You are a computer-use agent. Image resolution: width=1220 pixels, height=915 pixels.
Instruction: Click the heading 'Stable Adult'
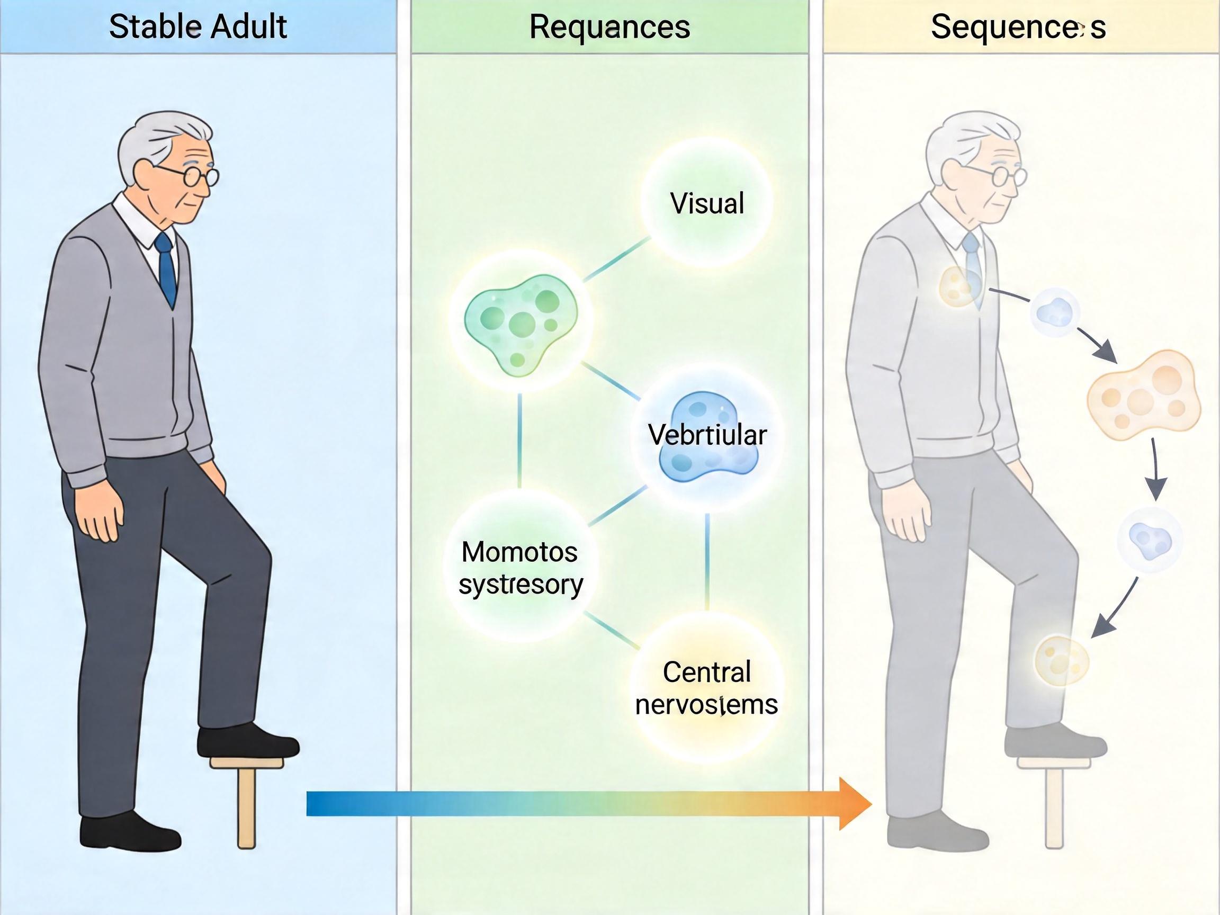[x=198, y=26]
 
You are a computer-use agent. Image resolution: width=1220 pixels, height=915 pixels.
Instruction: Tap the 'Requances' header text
[x=609, y=26]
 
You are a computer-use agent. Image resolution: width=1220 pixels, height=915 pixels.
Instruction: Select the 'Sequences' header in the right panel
[x=1018, y=26]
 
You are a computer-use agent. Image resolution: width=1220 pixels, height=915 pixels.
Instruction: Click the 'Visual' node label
[x=707, y=203]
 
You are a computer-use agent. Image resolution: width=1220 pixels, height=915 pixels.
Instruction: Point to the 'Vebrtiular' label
[x=707, y=435]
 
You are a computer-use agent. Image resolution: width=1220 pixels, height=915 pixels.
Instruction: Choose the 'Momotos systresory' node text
[x=519, y=568]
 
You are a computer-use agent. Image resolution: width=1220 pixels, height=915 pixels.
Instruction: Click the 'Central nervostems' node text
[x=706, y=688]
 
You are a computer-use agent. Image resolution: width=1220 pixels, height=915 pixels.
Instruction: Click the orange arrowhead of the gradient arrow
[x=854, y=804]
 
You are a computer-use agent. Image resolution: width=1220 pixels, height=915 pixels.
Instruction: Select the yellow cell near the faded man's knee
[x=1061, y=661]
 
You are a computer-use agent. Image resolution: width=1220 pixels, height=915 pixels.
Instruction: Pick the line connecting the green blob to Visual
[x=616, y=259]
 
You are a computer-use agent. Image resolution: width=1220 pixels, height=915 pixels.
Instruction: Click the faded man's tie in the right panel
[x=973, y=265]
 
